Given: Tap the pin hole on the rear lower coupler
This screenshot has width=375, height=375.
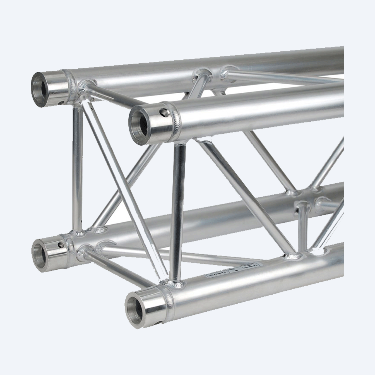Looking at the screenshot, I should click(x=60, y=245).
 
